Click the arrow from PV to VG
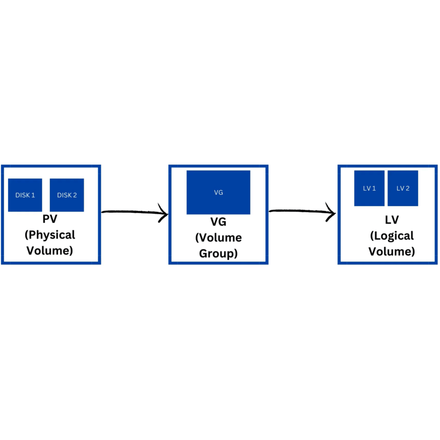point(132,212)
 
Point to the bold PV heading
point(50,219)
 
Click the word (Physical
point(50,235)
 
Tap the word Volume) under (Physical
point(50,251)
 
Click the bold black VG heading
point(218,222)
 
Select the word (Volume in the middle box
point(218,238)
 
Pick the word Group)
point(218,254)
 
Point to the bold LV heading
point(392,220)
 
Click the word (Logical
point(392,236)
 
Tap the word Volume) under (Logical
point(392,252)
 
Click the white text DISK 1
point(25,195)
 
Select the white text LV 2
point(403,188)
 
